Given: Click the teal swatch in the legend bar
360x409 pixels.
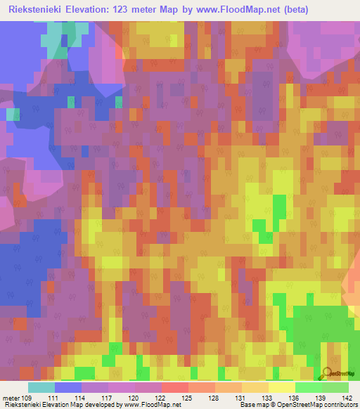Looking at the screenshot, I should point(41,387).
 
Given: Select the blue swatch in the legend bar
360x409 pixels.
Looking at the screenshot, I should point(68,387).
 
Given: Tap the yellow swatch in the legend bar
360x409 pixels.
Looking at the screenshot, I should point(281,387).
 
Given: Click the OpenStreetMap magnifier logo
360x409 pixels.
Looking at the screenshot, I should point(326,373).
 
